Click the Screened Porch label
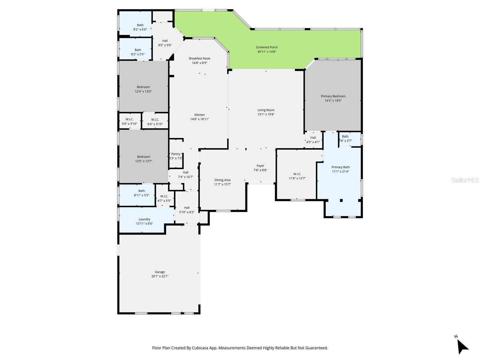[267, 47]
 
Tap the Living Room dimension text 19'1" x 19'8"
[266, 114]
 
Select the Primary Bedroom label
[333, 96]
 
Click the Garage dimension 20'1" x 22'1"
[160, 276]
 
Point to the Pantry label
[176, 154]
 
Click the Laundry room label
[144, 219]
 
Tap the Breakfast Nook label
[199, 58]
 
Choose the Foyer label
[260, 166]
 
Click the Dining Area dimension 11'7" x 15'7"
[222, 184]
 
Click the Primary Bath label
[340, 167]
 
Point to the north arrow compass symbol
[462, 347]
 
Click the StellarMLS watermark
[465, 180]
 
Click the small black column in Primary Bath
[341, 200]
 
